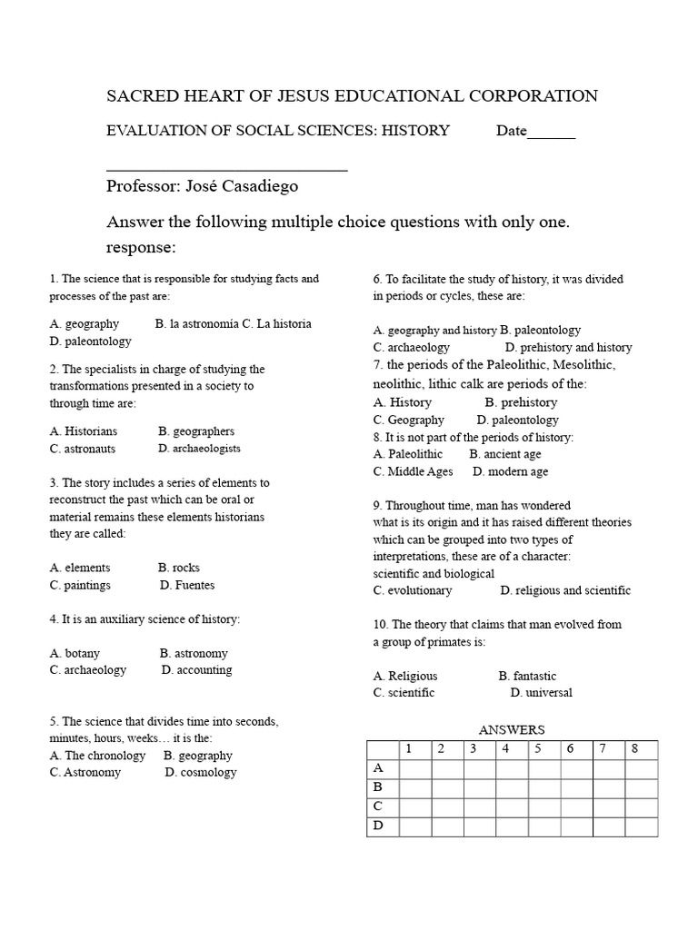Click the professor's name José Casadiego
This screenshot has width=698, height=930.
tap(241, 186)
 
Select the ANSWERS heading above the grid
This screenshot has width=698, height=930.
tap(512, 729)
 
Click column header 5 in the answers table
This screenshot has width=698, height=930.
tap(538, 749)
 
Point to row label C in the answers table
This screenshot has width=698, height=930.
tap(377, 806)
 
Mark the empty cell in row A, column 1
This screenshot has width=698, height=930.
tap(415, 769)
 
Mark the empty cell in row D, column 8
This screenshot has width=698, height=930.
tap(641, 826)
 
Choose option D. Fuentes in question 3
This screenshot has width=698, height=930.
tap(187, 585)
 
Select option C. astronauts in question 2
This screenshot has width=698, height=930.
tap(83, 449)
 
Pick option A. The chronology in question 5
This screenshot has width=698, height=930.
tap(97, 756)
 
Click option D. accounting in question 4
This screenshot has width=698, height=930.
tap(196, 670)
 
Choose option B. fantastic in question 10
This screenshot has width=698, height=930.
tap(527, 676)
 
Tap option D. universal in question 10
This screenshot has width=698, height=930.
tap(541, 693)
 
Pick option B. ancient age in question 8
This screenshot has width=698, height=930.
tap(504, 454)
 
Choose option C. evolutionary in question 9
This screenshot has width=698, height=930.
tap(413, 590)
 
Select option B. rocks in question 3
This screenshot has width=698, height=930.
tap(178, 568)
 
